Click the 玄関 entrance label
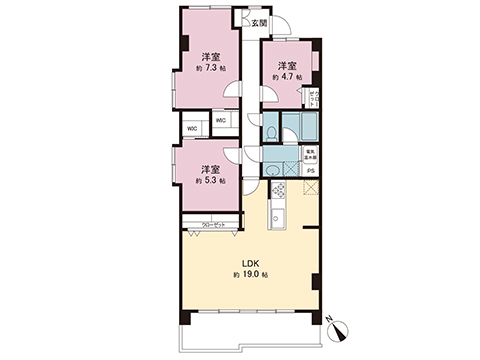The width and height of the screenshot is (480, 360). coord(258,22)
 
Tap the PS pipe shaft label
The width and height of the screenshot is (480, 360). coord(311,171)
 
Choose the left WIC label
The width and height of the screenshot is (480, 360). coord(194,129)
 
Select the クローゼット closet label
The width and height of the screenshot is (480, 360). coord(212,225)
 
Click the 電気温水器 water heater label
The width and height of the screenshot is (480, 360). coord(311,155)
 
